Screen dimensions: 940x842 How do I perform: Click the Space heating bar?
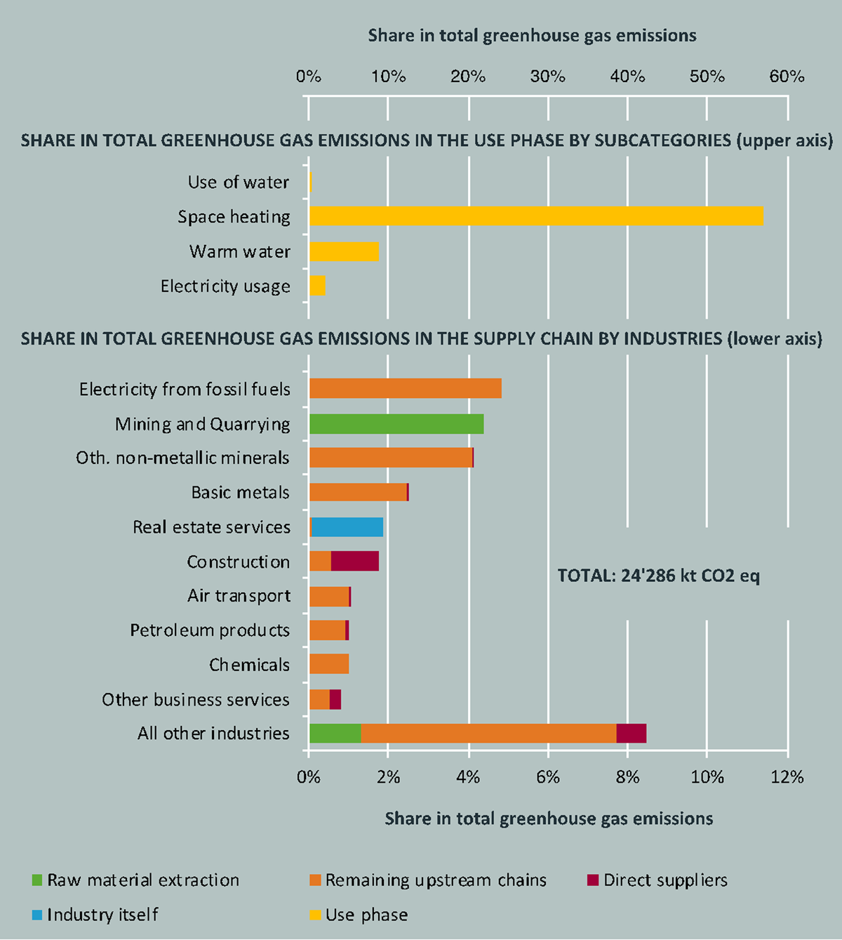tap(536, 216)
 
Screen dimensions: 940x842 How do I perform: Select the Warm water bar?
tap(344, 251)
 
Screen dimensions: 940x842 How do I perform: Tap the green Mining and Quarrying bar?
tap(396, 424)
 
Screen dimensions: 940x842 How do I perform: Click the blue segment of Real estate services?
tap(347, 527)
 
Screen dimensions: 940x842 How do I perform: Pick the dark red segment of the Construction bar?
tap(355, 562)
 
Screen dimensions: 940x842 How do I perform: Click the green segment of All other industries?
tap(335, 734)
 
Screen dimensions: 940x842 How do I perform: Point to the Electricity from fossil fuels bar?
tap(406, 389)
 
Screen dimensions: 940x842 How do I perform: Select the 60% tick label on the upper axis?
tap(787, 77)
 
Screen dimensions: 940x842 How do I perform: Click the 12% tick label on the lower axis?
tap(787, 777)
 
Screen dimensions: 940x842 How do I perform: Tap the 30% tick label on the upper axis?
tap(547, 77)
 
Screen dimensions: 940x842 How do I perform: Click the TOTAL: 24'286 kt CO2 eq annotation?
tap(658, 576)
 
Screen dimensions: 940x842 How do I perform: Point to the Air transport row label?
tap(239, 596)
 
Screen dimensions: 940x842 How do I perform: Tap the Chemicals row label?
tap(249, 665)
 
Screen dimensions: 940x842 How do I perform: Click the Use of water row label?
tap(238, 183)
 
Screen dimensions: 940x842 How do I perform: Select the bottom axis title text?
tap(549, 819)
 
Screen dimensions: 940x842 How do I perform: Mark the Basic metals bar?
tap(359, 492)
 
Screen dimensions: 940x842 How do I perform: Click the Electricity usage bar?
tap(317, 286)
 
